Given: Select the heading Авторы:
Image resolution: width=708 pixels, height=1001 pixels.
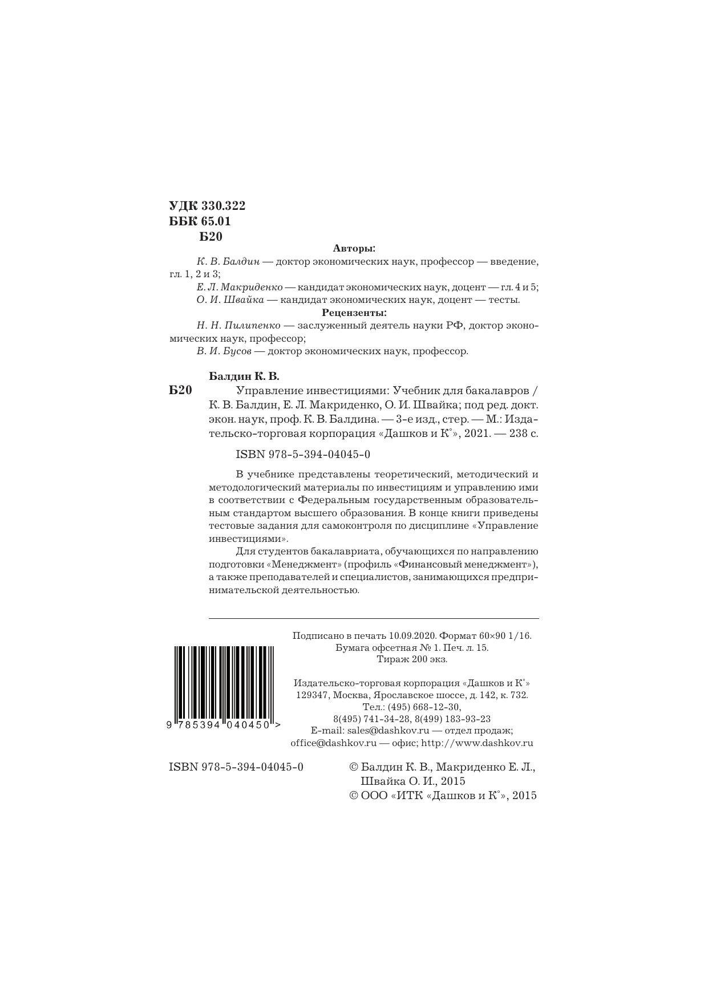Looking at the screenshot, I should tap(354, 249).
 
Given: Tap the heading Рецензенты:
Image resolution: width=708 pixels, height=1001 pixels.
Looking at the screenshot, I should tap(354, 313).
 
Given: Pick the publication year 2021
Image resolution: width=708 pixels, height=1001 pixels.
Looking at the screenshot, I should tap(478, 433).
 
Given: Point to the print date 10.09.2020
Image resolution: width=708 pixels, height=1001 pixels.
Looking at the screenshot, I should tap(412, 635).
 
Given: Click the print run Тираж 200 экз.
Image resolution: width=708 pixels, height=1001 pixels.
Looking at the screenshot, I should tap(412, 659).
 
